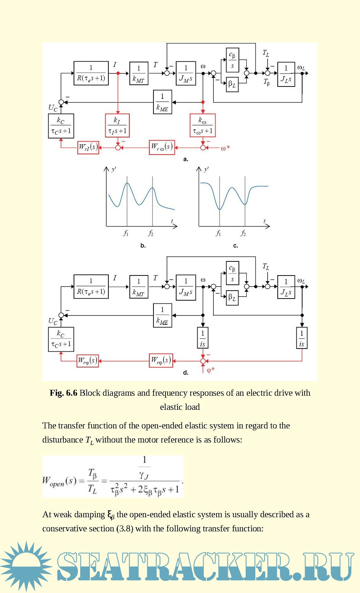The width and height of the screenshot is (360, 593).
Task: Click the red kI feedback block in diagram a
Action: point(117,126)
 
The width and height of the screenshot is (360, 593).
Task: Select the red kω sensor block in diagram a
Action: point(202,126)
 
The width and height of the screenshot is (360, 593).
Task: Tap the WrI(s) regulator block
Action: point(88,147)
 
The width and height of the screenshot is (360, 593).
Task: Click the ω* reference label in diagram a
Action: point(225,148)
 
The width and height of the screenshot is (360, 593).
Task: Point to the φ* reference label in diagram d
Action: point(211,370)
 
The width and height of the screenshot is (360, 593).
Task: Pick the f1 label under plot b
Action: point(126,233)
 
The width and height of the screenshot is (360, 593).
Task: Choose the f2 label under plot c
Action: point(243,233)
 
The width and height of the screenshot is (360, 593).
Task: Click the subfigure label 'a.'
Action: point(186,159)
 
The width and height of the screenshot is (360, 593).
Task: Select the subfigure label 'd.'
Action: point(186,373)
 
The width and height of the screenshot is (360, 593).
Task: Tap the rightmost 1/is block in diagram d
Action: point(302,338)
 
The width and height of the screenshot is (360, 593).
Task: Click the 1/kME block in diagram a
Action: point(162,102)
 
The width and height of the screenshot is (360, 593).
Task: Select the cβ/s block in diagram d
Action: point(232,272)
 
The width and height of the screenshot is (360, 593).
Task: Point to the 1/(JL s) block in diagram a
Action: point(286,74)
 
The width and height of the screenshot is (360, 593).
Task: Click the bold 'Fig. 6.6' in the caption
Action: point(63,393)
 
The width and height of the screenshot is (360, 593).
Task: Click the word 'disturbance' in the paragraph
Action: point(62,440)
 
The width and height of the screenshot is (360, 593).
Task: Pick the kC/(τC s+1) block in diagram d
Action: point(61,339)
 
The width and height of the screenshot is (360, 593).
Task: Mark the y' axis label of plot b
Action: point(114,169)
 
